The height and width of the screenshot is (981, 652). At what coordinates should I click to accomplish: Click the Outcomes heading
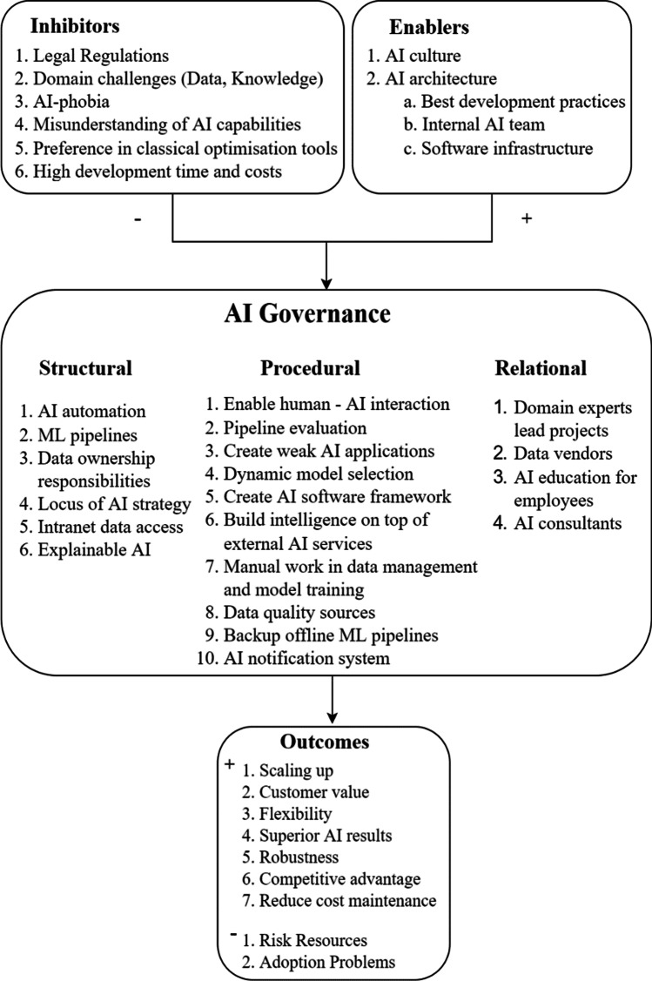pos(325,742)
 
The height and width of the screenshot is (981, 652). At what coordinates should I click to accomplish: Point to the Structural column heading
pos(85,368)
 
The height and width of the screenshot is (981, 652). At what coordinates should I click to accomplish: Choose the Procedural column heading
pos(311,368)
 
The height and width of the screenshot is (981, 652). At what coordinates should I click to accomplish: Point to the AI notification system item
pos(293,658)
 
